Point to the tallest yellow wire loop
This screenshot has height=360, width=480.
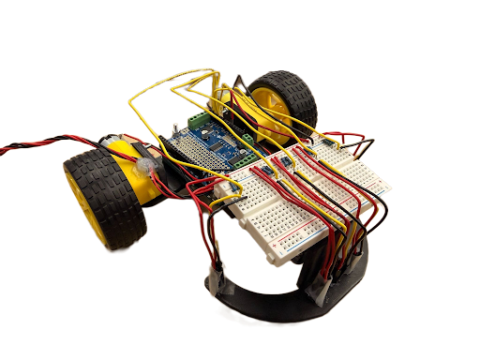pyautogui.click(x=178, y=80)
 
